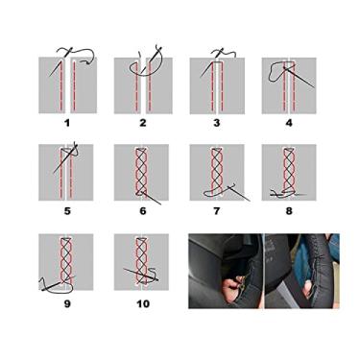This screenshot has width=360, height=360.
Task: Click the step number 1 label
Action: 67,123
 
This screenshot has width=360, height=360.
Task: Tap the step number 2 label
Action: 142,123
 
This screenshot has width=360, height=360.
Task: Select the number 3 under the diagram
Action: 218,123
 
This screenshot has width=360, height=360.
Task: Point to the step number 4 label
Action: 290,123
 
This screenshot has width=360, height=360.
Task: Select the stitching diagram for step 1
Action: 67,84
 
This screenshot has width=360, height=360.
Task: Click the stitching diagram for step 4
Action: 290,85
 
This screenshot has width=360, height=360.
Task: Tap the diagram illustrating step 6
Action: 142,173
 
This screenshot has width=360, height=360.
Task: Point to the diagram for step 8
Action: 290,173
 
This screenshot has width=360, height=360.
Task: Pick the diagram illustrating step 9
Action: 67,261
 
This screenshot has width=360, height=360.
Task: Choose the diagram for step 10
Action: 142,261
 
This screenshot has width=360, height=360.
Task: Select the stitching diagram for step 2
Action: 142,84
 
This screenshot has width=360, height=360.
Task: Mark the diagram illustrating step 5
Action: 67,173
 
